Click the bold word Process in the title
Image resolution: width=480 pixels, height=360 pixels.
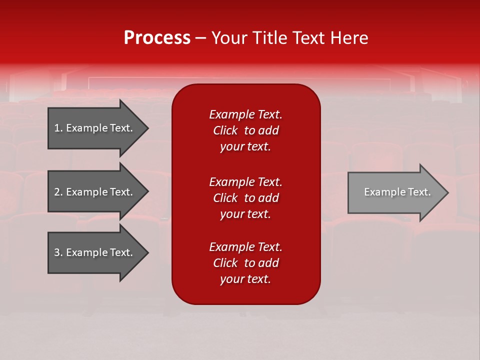point(157,38)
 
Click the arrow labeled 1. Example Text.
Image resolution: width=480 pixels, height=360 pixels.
point(95,128)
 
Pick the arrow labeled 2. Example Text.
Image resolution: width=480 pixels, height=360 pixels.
point(95,192)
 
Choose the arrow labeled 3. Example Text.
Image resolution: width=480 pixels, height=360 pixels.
point(95,252)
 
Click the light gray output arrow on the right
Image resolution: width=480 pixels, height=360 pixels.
point(395,192)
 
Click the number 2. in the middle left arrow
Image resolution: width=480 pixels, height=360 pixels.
point(58,192)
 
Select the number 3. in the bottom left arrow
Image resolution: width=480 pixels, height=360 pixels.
point(58,252)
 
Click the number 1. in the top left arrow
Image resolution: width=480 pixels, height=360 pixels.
point(58,128)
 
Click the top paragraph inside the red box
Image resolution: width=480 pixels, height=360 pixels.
point(245,130)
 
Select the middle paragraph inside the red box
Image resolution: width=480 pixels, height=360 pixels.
point(245,198)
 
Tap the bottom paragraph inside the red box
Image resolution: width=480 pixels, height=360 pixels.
point(245,263)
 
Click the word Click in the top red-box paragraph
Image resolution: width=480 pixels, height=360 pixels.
point(225,130)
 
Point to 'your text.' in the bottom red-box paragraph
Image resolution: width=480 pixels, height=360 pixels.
point(245,279)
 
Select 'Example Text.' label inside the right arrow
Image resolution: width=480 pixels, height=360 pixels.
point(397,192)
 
